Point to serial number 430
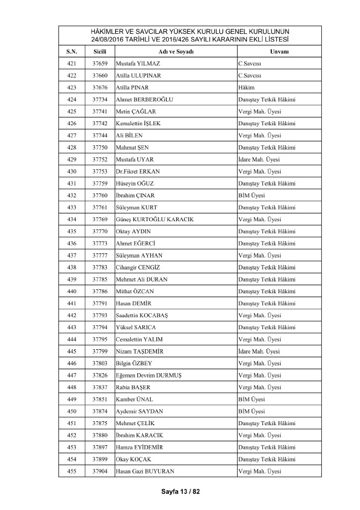pyautogui.click(x=71, y=171)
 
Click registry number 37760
pyautogui.click(x=100, y=195)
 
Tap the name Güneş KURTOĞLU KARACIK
pyautogui.click(x=156, y=220)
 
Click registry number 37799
pyautogui.click(x=100, y=351)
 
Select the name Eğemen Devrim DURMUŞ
pyautogui.click(x=149, y=375)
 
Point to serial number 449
pyautogui.click(x=71, y=399)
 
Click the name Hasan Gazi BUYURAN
pyautogui.click(x=145, y=471)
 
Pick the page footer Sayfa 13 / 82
pyautogui.click(x=180, y=491)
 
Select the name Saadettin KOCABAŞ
pyautogui.click(x=146, y=315)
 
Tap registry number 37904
pyautogui.click(x=100, y=471)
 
